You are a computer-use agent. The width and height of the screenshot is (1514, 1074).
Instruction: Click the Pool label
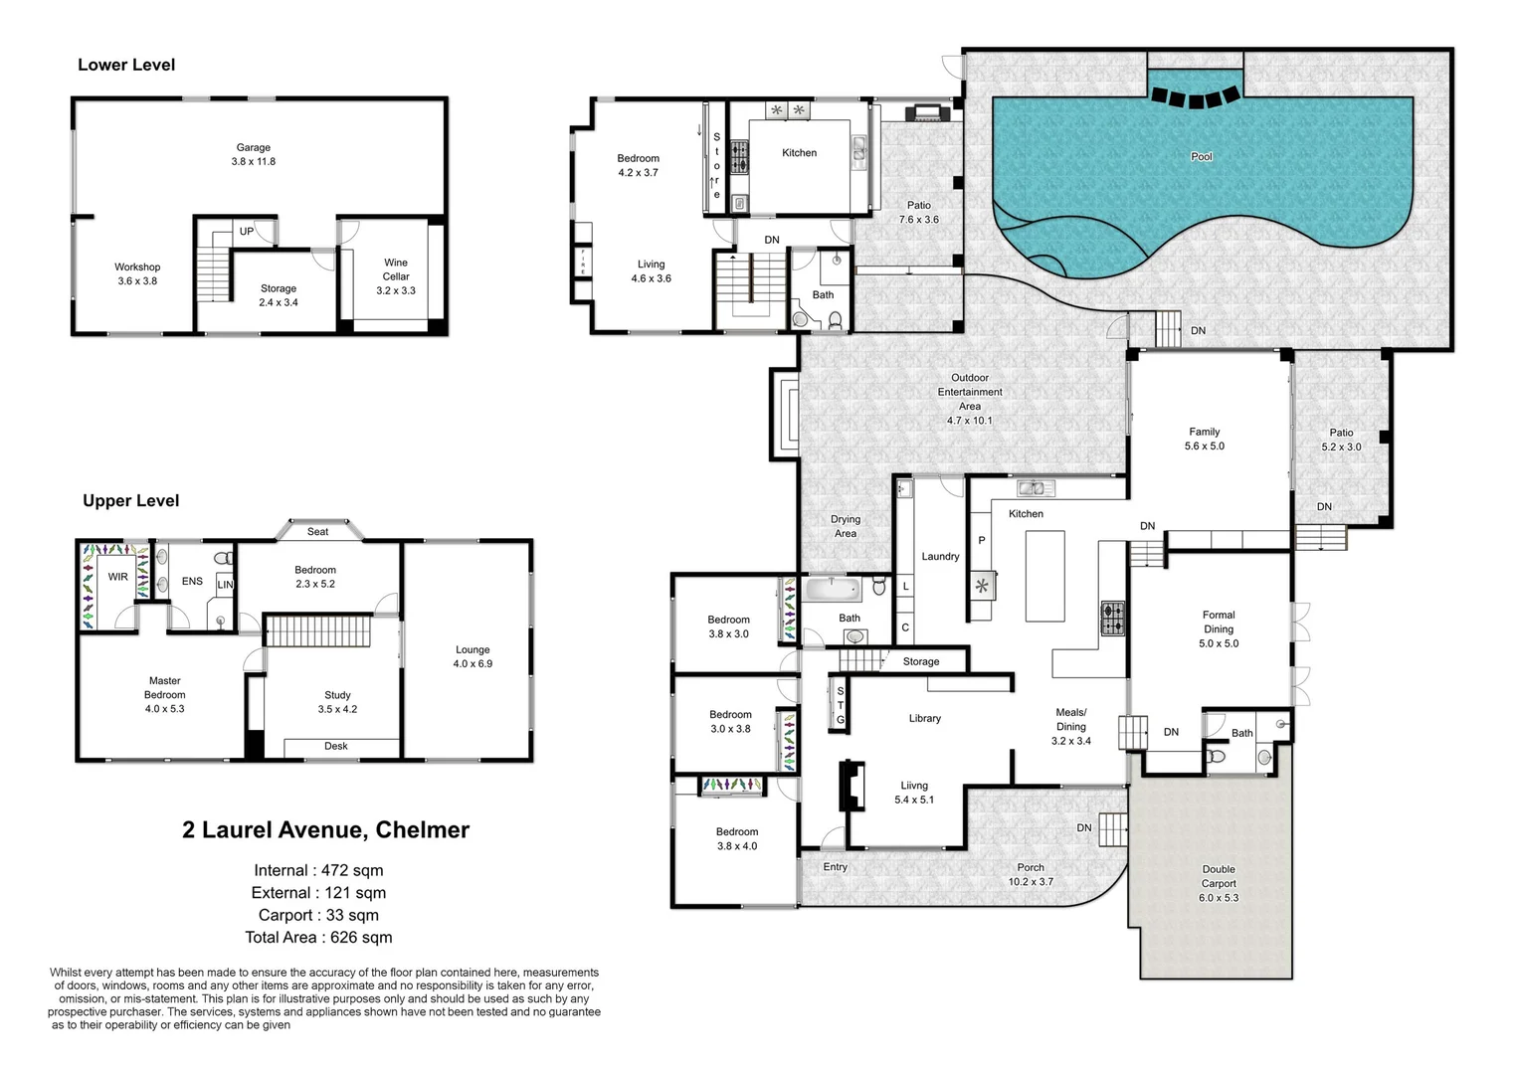(x=1201, y=156)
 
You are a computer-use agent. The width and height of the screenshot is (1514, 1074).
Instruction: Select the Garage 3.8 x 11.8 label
(x=253, y=154)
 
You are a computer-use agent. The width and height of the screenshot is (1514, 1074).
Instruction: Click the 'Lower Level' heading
(x=126, y=65)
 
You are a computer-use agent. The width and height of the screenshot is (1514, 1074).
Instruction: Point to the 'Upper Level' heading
(x=130, y=500)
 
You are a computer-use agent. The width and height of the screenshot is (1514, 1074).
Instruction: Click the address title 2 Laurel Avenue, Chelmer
(x=325, y=829)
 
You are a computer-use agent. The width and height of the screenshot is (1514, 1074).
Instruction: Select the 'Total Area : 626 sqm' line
(x=318, y=937)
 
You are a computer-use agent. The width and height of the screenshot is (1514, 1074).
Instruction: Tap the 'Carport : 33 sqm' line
(x=318, y=915)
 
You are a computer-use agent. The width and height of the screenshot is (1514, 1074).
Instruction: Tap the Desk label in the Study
(x=335, y=746)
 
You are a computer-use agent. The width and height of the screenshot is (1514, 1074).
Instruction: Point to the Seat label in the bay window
(x=317, y=532)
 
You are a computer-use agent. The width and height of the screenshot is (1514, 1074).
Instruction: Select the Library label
(x=924, y=718)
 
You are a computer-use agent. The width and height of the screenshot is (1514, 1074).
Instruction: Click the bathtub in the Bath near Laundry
(x=832, y=590)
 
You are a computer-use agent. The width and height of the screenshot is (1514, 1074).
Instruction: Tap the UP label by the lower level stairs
(x=246, y=232)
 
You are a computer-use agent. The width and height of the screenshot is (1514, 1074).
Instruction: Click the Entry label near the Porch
(x=835, y=867)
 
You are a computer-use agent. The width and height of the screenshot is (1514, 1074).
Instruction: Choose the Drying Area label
(x=846, y=526)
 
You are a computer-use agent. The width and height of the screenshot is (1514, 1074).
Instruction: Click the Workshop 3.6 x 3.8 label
(x=137, y=273)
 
